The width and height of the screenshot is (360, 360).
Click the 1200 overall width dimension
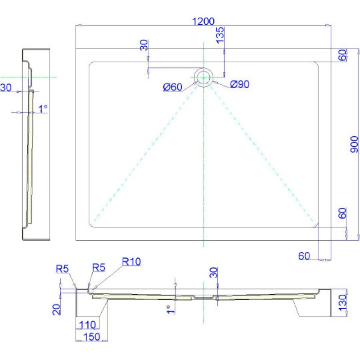tap(203, 21)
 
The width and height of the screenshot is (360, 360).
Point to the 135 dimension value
tap(220, 35)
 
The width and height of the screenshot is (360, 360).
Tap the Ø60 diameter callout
tap(172, 87)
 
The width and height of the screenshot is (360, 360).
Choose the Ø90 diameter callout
tap(239, 84)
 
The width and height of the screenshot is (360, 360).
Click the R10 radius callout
tap(131, 262)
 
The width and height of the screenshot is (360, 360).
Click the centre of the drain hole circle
tap(204, 77)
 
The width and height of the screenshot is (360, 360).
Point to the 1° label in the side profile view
tap(43, 109)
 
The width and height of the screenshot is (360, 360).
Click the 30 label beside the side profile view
tap(6, 88)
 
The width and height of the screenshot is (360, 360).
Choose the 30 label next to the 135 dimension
tap(144, 46)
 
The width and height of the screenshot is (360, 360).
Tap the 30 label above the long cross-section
tap(214, 273)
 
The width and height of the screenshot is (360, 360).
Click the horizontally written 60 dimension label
tap(305, 256)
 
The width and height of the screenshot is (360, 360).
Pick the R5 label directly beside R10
tap(99, 268)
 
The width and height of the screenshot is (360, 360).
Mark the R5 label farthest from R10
tap(62, 269)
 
